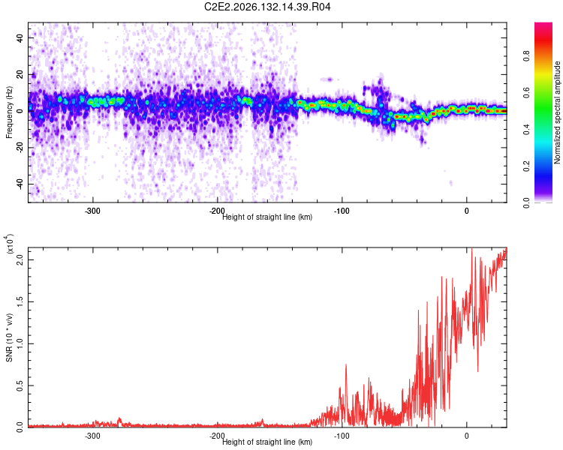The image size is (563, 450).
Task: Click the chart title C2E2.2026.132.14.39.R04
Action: coord(267,7)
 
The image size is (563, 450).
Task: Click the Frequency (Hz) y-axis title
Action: coord(9,112)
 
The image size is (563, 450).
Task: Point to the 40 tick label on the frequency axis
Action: coord(20,37)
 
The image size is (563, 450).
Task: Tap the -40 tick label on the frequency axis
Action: coord(20,185)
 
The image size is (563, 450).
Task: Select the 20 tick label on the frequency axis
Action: coord(20,75)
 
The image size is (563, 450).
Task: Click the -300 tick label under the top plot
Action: coord(92,211)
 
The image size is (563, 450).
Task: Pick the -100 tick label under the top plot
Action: coord(342,211)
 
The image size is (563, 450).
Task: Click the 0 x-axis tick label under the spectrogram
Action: coord(466,211)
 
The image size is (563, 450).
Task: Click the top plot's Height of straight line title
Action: coord(267,217)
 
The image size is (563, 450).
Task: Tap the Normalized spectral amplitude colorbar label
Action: coord(557,112)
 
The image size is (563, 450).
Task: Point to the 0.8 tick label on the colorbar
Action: coord(526,56)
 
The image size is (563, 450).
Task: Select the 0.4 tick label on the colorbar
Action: coord(526,130)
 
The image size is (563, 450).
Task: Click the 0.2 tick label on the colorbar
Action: coord(526,166)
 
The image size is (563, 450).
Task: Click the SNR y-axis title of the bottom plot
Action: coord(9,337)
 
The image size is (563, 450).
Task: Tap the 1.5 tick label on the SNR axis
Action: coord(20,301)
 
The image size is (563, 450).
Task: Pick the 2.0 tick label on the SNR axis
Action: coord(20,259)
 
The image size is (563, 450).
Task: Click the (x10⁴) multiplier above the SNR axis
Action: coord(10,244)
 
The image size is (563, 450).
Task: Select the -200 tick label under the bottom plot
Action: coord(217,436)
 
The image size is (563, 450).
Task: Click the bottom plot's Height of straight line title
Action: coord(267,442)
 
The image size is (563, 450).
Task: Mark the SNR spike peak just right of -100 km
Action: coord(346,364)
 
